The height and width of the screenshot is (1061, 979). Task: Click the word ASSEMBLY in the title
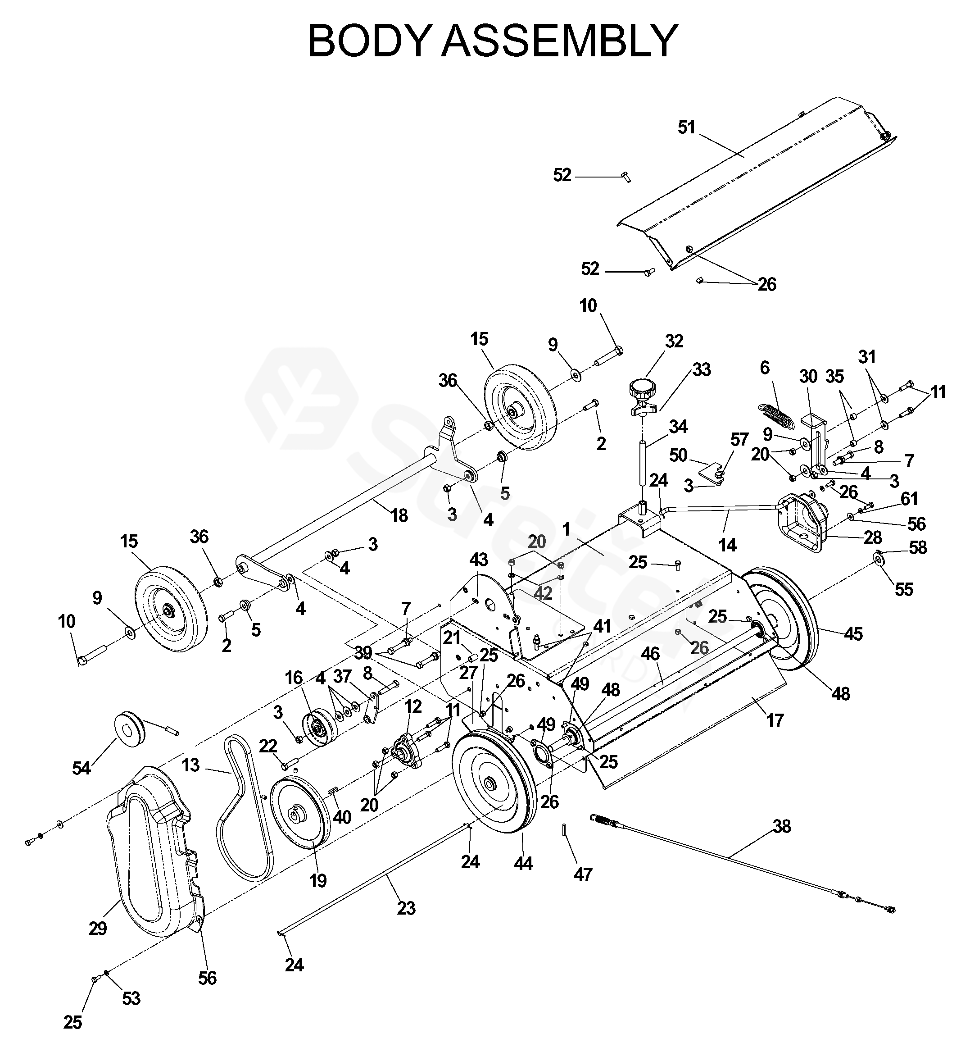point(560,41)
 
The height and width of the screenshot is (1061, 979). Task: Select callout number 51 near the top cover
point(687,128)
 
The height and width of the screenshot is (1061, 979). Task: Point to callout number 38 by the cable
point(782,826)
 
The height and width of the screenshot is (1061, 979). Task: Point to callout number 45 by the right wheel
point(853,633)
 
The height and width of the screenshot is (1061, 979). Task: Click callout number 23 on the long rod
point(406,908)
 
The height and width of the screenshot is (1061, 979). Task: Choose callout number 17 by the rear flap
point(775,720)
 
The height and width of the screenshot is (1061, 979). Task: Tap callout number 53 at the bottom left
point(131,998)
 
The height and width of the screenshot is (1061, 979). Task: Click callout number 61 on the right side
point(909,499)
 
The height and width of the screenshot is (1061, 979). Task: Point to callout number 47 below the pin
point(583,874)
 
